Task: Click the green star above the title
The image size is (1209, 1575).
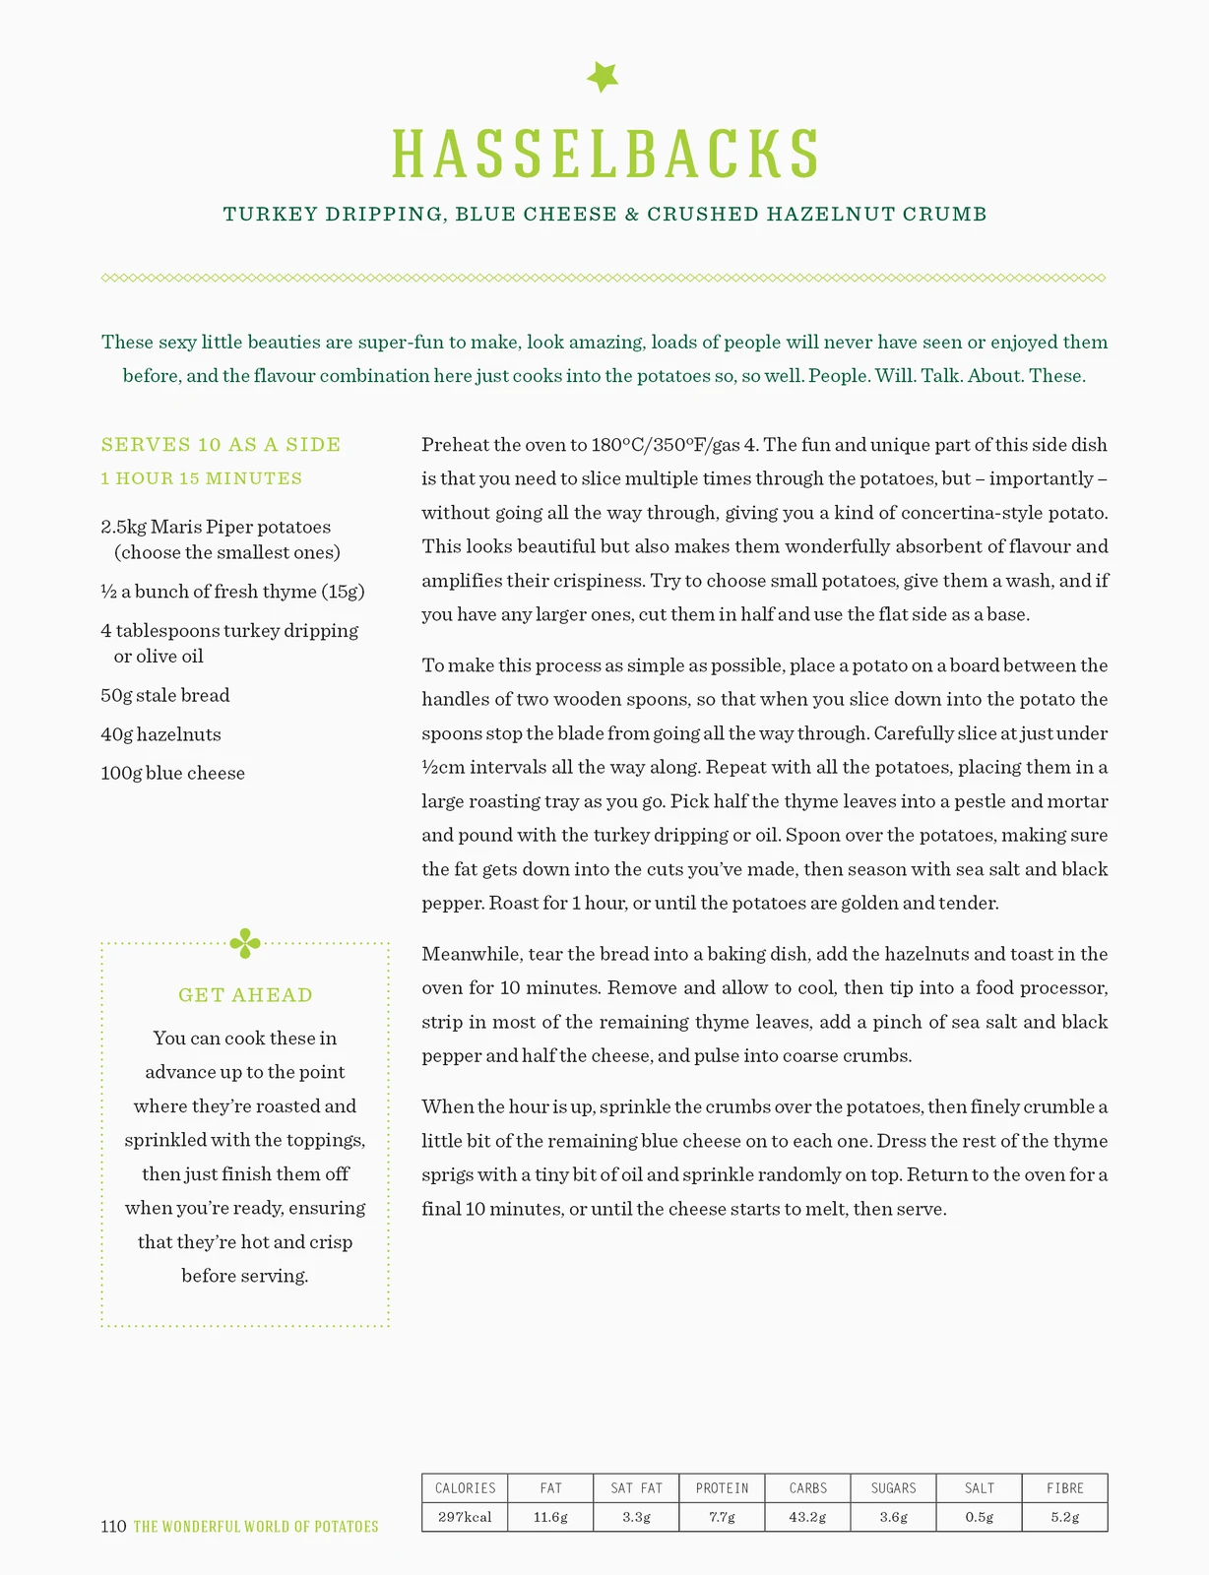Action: (x=603, y=77)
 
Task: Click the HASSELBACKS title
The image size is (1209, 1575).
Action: (x=604, y=154)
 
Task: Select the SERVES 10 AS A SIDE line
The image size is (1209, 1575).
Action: (x=221, y=445)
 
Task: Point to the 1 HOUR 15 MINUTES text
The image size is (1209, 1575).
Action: (x=202, y=478)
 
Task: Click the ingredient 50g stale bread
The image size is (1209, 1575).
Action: (x=165, y=695)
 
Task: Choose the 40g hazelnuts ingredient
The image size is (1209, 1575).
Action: (x=160, y=734)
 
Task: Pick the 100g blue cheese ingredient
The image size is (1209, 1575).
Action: (x=172, y=773)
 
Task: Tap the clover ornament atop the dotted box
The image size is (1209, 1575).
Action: (x=245, y=943)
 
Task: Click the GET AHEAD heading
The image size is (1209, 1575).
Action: (x=245, y=995)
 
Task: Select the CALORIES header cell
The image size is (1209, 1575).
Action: (x=465, y=1488)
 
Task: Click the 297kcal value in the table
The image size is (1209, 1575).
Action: (x=465, y=1517)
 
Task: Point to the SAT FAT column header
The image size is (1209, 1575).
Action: (x=636, y=1488)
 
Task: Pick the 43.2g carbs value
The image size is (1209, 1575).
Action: (x=807, y=1517)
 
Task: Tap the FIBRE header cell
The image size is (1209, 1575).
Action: (x=1064, y=1488)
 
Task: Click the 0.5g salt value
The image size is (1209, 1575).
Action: (x=979, y=1517)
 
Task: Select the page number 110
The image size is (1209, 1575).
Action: (x=113, y=1527)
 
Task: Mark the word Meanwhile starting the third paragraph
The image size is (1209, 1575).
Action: (x=471, y=954)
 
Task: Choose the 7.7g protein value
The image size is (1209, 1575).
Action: (x=722, y=1517)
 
